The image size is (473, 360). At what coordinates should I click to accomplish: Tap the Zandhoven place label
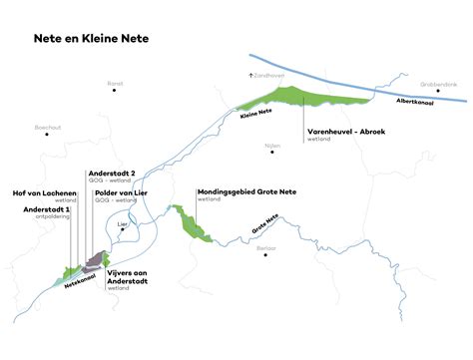[268, 74]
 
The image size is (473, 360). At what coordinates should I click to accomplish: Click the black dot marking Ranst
[115, 91]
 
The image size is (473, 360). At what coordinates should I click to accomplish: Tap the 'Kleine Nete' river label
[257, 114]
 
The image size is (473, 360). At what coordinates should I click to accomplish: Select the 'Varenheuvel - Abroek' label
[345, 131]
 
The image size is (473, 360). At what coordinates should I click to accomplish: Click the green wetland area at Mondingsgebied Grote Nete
[190, 222]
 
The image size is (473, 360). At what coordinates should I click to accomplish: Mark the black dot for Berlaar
[264, 254]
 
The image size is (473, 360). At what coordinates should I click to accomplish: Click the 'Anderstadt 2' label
[112, 172]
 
